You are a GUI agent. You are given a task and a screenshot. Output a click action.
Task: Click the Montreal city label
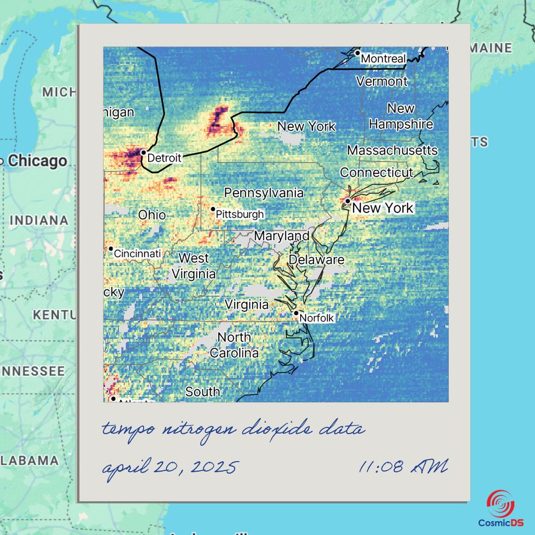click(x=383, y=58)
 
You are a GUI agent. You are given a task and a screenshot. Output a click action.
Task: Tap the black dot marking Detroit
click(x=143, y=152)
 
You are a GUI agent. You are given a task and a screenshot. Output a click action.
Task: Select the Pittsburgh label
click(x=240, y=215)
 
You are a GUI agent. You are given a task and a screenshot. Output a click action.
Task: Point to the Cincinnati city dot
click(x=111, y=249)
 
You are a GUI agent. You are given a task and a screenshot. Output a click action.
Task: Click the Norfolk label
click(x=316, y=318)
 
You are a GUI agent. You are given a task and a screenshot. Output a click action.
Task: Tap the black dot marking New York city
click(x=348, y=201)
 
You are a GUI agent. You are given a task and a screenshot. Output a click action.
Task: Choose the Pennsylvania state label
click(x=264, y=193)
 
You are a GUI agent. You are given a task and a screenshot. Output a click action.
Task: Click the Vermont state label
click(x=381, y=81)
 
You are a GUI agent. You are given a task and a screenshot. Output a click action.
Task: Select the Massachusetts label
click(x=392, y=150)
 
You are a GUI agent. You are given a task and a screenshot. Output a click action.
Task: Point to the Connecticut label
click(x=376, y=173)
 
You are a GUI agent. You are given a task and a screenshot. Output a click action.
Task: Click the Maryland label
click(x=281, y=236)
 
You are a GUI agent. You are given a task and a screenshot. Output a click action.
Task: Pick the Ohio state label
click(x=152, y=215)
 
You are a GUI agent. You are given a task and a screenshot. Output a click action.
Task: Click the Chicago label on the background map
click(x=37, y=160)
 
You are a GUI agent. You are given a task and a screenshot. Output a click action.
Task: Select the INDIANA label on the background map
click(x=39, y=220)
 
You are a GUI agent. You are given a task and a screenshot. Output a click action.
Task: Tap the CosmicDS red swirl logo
click(x=500, y=503)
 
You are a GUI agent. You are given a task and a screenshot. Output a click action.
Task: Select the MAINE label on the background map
click(x=491, y=48)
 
